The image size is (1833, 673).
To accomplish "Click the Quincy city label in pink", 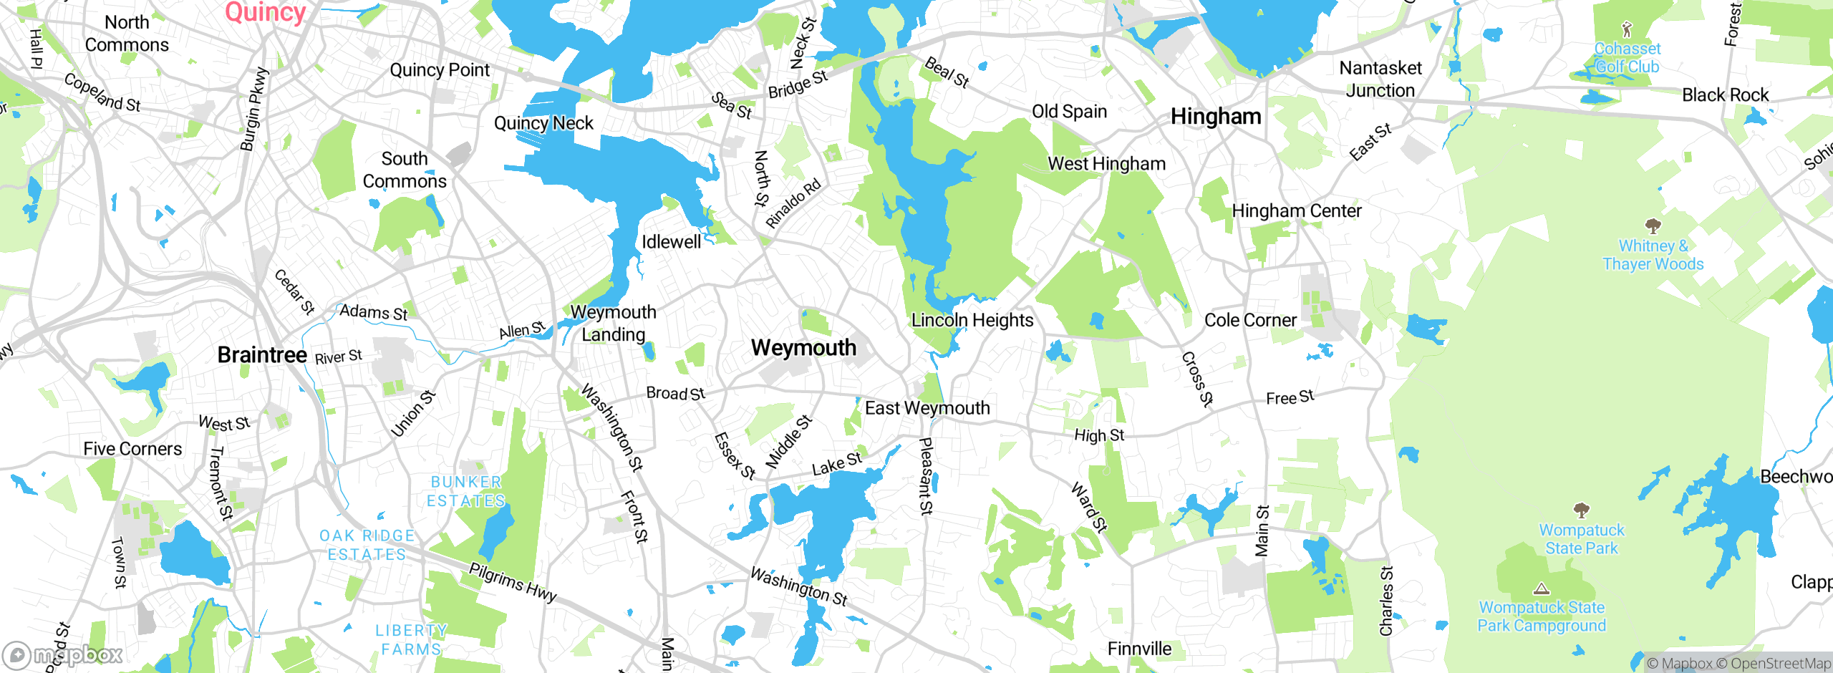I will point(266,12).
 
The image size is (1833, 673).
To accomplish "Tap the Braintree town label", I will point(262,355).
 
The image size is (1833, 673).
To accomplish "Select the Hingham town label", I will point(1216,116).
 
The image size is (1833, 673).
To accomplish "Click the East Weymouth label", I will point(927,408).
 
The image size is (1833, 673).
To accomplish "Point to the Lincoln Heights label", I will point(972,320).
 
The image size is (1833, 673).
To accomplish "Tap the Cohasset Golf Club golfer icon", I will point(1627,29).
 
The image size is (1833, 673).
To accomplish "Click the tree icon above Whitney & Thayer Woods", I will point(1653,227).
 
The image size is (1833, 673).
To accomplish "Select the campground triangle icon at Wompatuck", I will point(1542,589).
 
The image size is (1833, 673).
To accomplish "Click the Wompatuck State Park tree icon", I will point(1582,510).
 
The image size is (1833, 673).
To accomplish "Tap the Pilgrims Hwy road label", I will point(513,582).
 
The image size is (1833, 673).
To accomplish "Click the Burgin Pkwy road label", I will point(253,109).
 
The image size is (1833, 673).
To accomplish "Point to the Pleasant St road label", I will point(926,477).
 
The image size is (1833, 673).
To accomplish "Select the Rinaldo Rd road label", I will point(793,204).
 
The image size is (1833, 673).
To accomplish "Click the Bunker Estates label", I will point(466,491).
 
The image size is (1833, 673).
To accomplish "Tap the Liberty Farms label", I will point(411,639).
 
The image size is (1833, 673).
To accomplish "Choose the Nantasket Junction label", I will point(1380,79).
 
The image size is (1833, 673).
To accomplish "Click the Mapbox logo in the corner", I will point(63,655).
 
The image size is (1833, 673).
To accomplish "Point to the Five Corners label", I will point(132,449).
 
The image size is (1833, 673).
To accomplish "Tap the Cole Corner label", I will point(1250,320).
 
